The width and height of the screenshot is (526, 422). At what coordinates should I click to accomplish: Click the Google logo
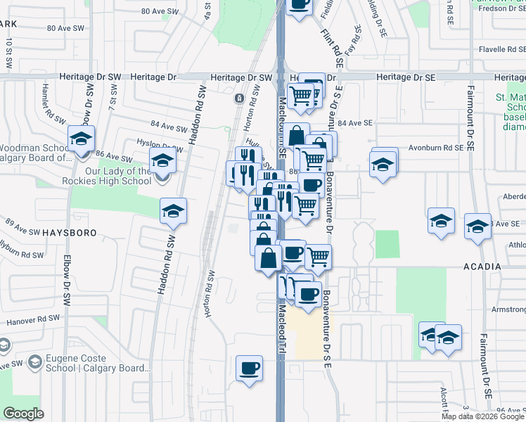23,414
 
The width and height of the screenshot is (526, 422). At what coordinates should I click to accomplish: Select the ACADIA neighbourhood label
483,267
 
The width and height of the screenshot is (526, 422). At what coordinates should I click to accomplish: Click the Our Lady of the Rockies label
109,176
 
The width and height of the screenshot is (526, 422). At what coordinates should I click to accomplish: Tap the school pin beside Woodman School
82,138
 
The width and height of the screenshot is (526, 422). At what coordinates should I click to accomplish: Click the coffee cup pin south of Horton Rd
249,368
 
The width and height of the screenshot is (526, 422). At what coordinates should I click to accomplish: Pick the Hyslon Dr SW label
159,145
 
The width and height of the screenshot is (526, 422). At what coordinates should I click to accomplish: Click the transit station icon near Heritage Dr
240,98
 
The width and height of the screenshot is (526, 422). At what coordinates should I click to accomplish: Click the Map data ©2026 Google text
482,416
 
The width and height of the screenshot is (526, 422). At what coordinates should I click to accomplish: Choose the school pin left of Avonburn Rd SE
383,163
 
